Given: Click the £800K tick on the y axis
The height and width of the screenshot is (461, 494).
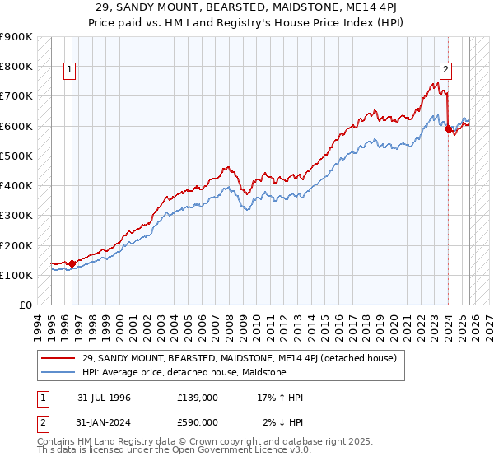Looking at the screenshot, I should pyautogui.click(x=16, y=66).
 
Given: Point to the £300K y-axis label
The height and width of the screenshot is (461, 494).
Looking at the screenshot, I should pyautogui.click(x=16, y=216).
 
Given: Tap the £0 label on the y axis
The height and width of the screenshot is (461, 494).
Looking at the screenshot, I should pyautogui.click(x=26, y=305).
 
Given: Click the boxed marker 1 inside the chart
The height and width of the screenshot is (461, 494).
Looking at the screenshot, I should pyautogui.click(x=71, y=71).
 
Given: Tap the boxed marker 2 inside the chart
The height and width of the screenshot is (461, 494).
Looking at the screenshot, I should pyautogui.click(x=445, y=71).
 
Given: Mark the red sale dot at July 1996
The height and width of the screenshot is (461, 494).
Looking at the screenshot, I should pyautogui.click(x=72, y=263).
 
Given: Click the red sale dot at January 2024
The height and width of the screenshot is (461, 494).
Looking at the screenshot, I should pyautogui.click(x=448, y=128).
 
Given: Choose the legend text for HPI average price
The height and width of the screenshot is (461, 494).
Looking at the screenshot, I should pyautogui.click(x=183, y=372).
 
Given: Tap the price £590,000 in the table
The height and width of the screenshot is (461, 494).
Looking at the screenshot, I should pyautogui.click(x=198, y=422).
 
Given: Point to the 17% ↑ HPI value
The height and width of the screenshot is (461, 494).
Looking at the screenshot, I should pyautogui.click(x=280, y=398).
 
